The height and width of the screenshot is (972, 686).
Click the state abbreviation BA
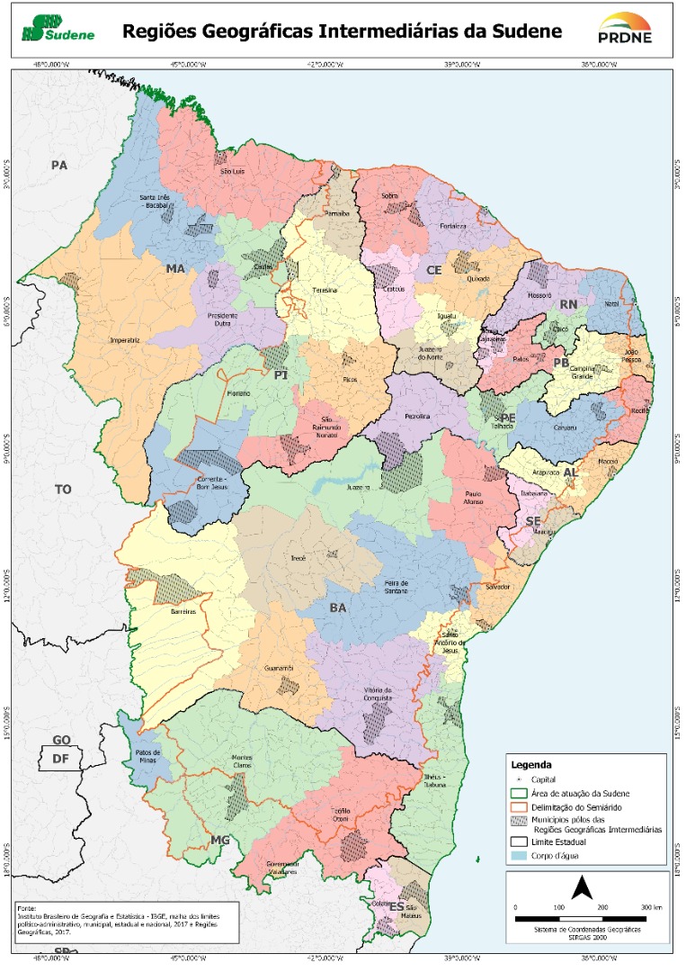[337, 608]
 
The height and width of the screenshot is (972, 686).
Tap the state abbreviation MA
[174, 268]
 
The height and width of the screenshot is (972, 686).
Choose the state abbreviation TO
[62, 490]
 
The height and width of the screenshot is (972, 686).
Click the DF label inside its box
[60, 758]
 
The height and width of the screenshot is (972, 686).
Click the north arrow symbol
[582, 889]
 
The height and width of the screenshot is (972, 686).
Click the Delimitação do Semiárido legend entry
[586, 808]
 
